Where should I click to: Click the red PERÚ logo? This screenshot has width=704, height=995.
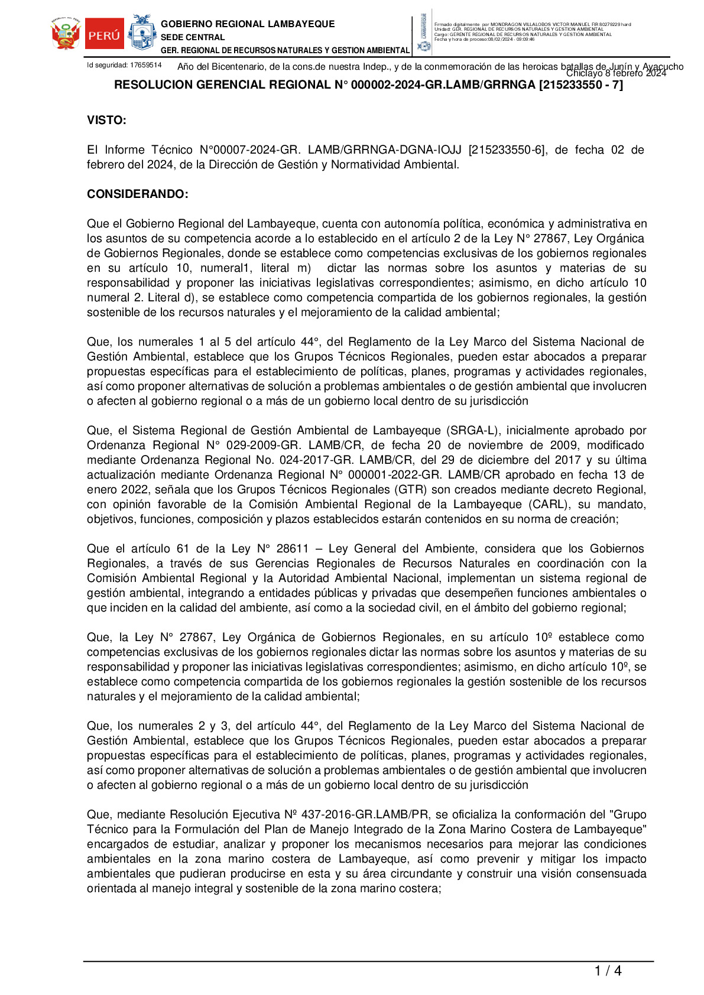pyautogui.click(x=104, y=35)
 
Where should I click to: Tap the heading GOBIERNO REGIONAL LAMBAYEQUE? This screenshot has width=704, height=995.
pyautogui.click(x=248, y=24)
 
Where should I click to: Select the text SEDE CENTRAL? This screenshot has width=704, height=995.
pyautogui.click(x=193, y=37)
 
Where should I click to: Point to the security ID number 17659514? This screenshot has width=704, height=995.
pyautogui.click(x=145, y=65)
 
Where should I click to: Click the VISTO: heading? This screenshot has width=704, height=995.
pyautogui.click(x=106, y=121)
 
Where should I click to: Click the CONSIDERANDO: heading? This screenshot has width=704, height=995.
pyautogui.click(x=138, y=194)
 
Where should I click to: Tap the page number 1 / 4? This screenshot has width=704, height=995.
pyautogui.click(x=608, y=971)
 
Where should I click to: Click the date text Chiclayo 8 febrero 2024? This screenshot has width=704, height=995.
pyautogui.click(x=616, y=74)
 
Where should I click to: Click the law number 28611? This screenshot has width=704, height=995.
pyautogui.click(x=293, y=549)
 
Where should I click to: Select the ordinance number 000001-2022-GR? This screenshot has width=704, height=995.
pyautogui.click(x=387, y=475)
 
